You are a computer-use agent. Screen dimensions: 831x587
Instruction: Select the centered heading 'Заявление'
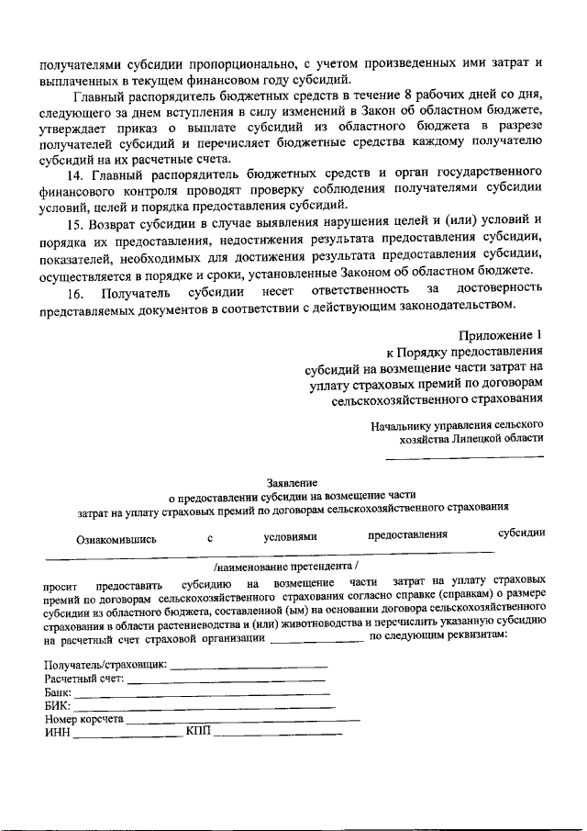pyautogui.click(x=293, y=483)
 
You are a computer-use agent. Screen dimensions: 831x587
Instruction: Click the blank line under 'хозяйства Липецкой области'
pyautogui.click(x=463, y=456)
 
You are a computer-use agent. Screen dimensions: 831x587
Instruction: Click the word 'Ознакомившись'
pyautogui.click(x=116, y=540)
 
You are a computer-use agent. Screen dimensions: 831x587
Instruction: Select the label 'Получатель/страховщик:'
pyautogui.click(x=105, y=664)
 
